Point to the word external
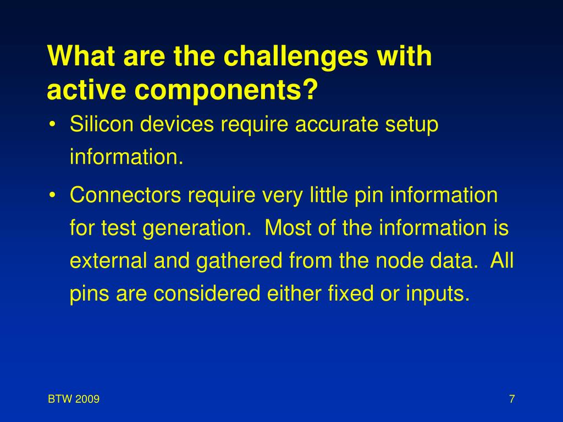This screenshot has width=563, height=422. click(x=108, y=261)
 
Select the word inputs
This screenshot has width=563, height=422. click(x=438, y=295)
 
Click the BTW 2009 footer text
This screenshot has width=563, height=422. click(x=74, y=399)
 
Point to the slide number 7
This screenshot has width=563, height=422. click(x=512, y=399)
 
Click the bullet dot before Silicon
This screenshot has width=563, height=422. click(x=52, y=125)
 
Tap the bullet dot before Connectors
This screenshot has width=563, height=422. click(x=52, y=196)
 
